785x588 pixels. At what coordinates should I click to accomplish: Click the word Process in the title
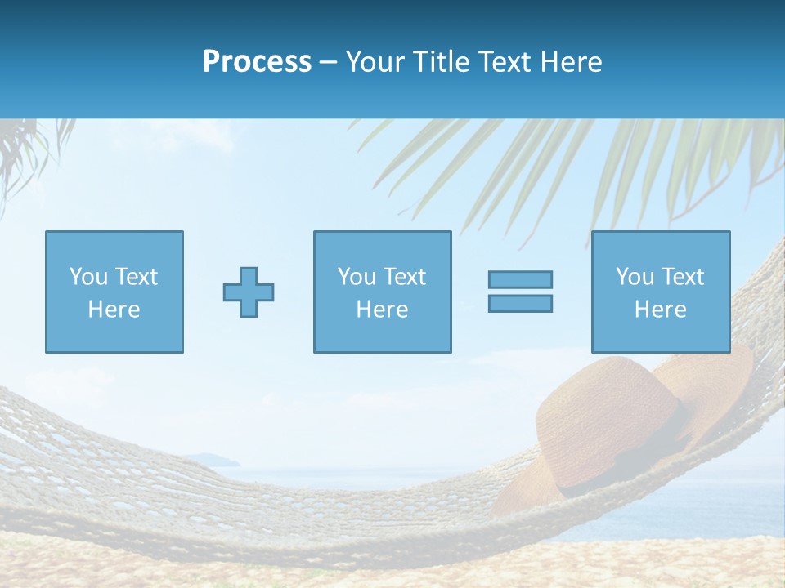257,62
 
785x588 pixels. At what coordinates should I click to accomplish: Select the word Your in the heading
375,62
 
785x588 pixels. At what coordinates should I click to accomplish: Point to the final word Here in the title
571,62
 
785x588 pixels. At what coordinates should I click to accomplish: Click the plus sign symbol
249,292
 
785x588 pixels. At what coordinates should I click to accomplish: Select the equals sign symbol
520,292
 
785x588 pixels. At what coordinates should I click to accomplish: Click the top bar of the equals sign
520,279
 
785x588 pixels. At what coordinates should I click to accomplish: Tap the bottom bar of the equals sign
520,304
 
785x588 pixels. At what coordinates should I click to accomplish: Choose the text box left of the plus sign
114,292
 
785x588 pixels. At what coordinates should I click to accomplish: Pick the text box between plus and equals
382,292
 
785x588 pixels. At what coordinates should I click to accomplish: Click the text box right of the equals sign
660,292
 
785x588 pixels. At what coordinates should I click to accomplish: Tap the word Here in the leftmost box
114,310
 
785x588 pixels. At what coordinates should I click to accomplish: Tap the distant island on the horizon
204,460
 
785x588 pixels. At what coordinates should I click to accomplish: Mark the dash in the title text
329,63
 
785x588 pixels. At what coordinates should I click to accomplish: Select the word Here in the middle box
382,310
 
